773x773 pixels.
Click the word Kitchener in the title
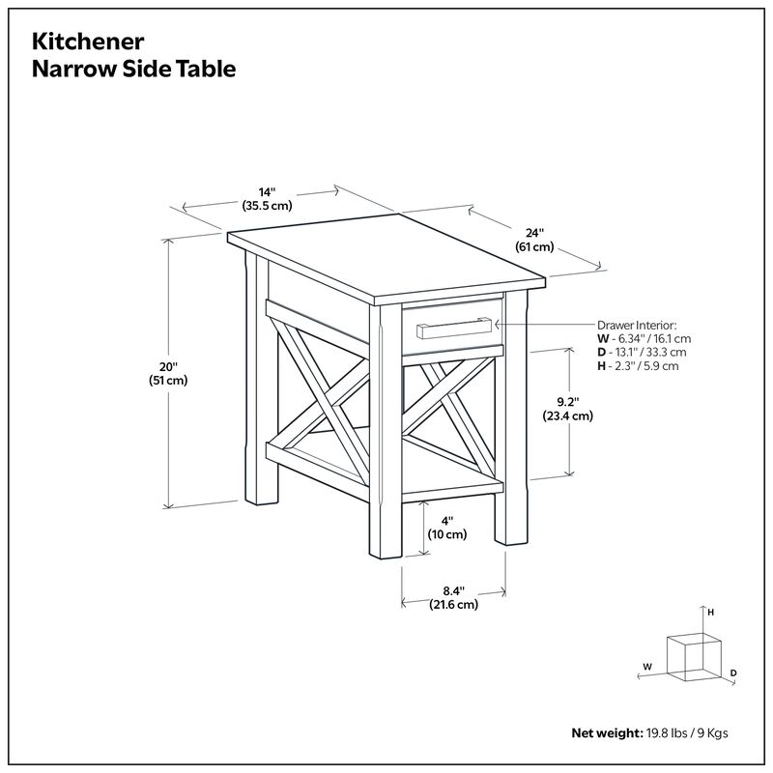pyautogui.click(x=88, y=43)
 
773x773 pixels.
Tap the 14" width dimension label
pyautogui.click(x=268, y=192)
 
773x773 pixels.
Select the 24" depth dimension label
pyautogui.click(x=534, y=233)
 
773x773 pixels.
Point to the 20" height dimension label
pyautogui.click(x=169, y=367)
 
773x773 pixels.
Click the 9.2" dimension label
pyautogui.click(x=567, y=402)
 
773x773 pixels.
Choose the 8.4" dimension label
pyautogui.click(x=453, y=590)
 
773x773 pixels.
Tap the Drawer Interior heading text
pyautogui.click(x=637, y=326)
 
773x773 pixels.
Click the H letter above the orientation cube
pyautogui.click(x=710, y=613)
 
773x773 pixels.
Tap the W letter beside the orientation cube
pyautogui.click(x=647, y=667)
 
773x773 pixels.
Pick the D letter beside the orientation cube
pyautogui.click(x=733, y=673)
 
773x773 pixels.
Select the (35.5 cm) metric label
pyautogui.click(x=268, y=206)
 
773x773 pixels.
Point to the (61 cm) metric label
pyautogui.click(x=534, y=247)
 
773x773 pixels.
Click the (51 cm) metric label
pyautogui.click(x=169, y=381)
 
